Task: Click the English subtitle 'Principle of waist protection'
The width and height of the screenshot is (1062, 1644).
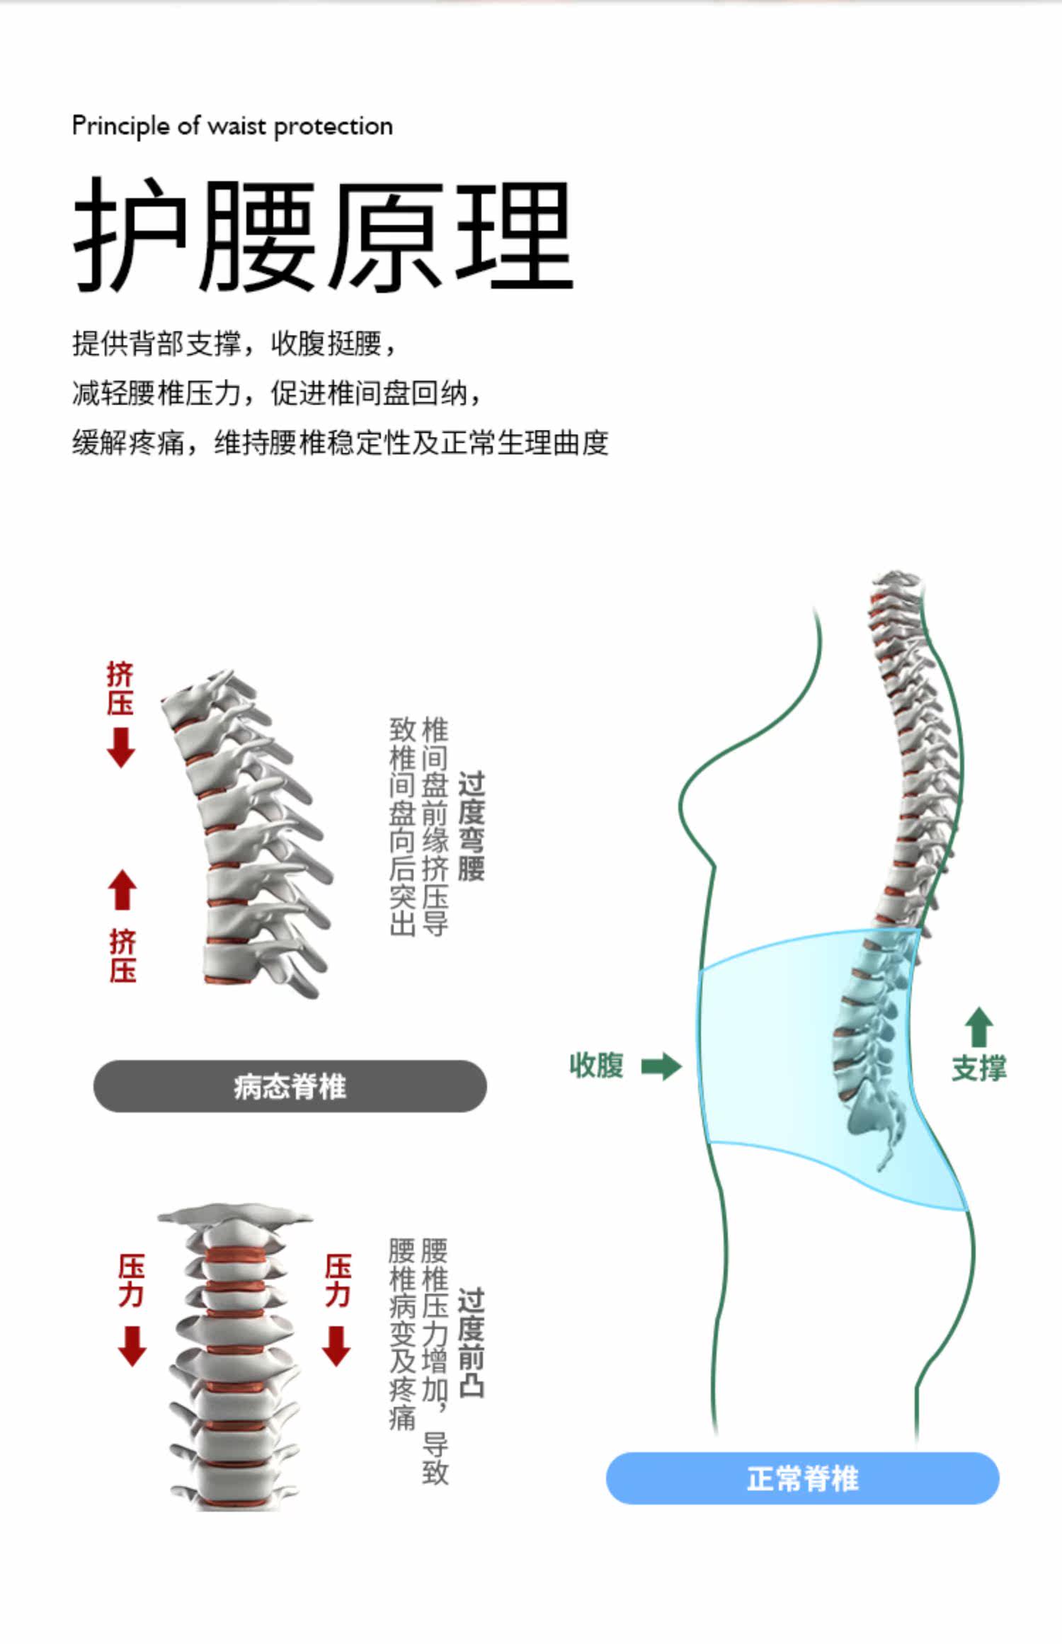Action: pyautogui.click(x=232, y=127)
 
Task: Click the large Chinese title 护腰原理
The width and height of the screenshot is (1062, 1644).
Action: pyautogui.click(x=323, y=235)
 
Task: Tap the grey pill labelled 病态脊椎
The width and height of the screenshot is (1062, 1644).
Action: pyautogui.click(x=290, y=1086)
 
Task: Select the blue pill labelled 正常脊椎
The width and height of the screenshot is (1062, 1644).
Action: pyautogui.click(x=802, y=1478)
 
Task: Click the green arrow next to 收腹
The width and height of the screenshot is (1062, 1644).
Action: pyautogui.click(x=661, y=1066)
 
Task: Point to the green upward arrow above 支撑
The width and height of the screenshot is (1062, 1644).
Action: pyautogui.click(x=978, y=1027)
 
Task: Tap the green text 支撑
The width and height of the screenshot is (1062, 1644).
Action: pyautogui.click(x=978, y=1068)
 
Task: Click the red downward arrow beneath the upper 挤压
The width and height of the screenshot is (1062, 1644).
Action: pyautogui.click(x=121, y=748)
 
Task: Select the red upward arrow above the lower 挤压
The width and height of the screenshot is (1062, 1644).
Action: pyautogui.click(x=122, y=889)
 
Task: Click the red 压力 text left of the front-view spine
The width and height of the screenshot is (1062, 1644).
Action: pyautogui.click(x=132, y=1280)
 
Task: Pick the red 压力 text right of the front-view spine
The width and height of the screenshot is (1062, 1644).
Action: pyautogui.click(x=338, y=1280)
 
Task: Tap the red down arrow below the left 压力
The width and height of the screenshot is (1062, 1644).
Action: pyautogui.click(x=132, y=1346)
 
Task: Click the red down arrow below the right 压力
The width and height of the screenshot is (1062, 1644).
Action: pyautogui.click(x=336, y=1346)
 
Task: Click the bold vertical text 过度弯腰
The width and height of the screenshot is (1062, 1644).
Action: pyautogui.click(x=472, y=826)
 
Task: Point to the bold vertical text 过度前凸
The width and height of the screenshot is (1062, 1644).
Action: pyautogui.click(x=472, y=1342)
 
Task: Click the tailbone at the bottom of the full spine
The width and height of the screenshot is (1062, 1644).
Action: pyautogui.click(x=885, y=1158)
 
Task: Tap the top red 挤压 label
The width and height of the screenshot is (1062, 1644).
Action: pyautogui.click(x=120, y=688)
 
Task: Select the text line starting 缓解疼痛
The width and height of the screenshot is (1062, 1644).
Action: pyautogui.click(x=340, y=443)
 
